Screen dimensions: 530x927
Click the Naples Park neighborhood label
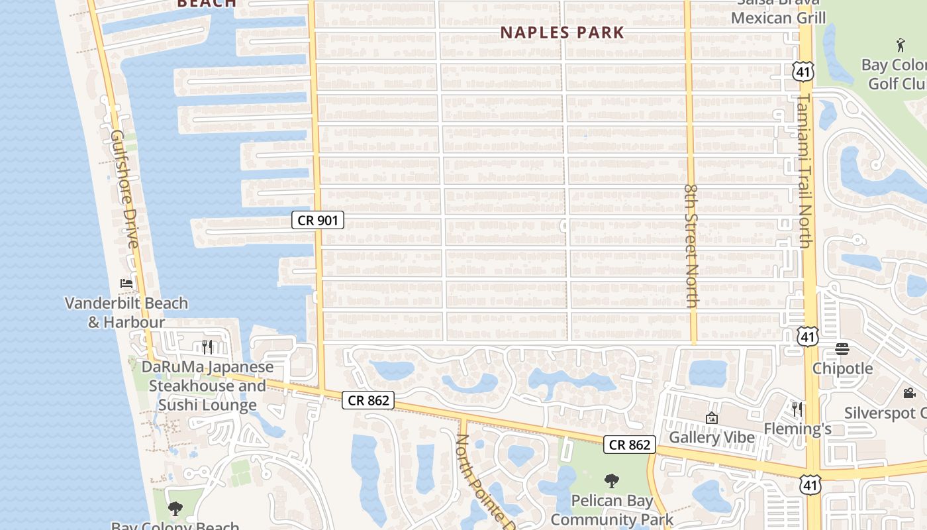(562, 32)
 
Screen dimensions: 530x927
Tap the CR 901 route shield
(318, 220)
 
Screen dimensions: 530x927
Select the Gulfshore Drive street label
(124, 189)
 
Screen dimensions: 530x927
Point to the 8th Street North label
(692, 245)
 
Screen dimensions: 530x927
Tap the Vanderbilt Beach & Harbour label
(126, 313)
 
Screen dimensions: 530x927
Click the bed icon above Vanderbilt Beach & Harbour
(126, 284)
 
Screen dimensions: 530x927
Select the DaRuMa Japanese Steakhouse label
(207, 386)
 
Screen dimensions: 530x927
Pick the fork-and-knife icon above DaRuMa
(207, 346)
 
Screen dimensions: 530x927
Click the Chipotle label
(842, 368)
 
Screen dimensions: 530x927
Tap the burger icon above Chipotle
(842, 348)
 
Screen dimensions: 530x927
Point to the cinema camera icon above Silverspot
(909, 393)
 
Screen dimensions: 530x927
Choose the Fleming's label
(797, 429)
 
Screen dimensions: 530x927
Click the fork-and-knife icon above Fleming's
(797, 409)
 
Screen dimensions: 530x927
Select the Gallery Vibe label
(711, 437)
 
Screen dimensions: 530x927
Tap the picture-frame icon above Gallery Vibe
(712, 418)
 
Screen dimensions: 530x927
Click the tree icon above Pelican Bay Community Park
(612, 481)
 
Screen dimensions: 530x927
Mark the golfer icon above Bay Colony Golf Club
(900, 46)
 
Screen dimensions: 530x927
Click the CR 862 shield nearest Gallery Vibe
(629, 445)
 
